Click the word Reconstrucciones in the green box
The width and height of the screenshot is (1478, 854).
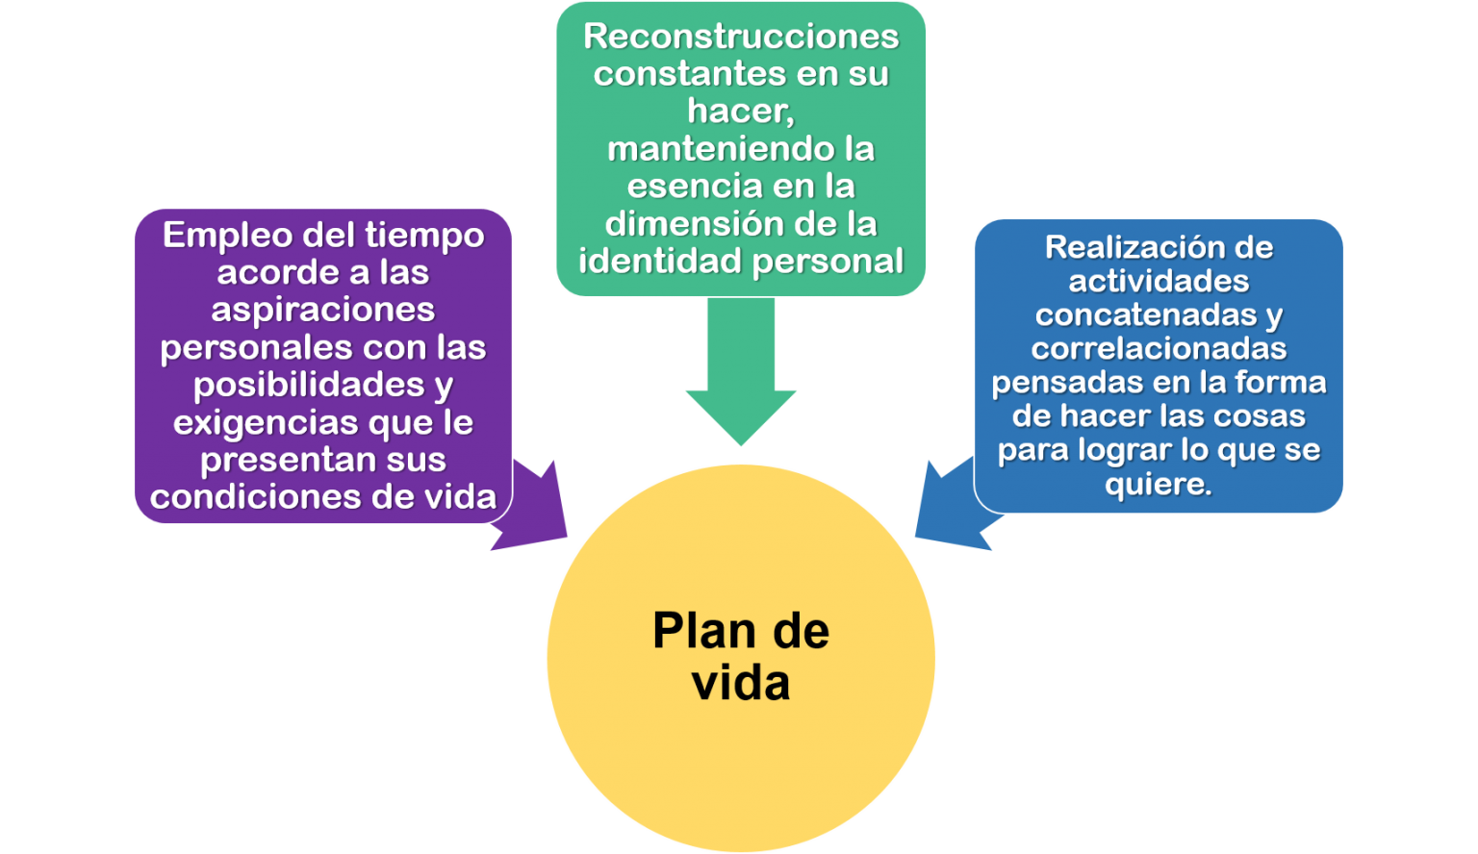(x=741, y=37)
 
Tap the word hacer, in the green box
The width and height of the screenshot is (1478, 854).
(x=741, y=112)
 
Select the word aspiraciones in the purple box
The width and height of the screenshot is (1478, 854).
(x=323, y=310)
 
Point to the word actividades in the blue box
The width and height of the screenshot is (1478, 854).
(x=1159, y=281)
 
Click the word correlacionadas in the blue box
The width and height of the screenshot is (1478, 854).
(x=1159, y=348)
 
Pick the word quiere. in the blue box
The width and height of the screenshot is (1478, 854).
(x=1159, y=484)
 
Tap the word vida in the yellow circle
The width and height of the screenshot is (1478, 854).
(x=741, y=683)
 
